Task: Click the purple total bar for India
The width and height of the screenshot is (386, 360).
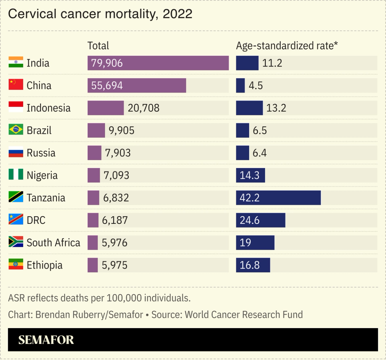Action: [158, 63]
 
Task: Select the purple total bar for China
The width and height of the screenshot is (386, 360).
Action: [137, 85]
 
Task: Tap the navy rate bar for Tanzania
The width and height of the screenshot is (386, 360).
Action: [278, 198]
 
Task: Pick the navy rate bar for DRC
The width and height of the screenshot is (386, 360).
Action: [260, 220]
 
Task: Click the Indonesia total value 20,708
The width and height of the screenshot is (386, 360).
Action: [143, 108]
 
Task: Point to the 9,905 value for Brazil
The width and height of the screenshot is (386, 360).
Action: [121, 130]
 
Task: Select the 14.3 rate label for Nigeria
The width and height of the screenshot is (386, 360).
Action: [249, 175]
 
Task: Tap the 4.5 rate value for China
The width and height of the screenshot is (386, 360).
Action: [255, 85]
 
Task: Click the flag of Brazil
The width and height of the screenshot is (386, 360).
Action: [16, 129]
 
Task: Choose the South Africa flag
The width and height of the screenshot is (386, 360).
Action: [16, 242]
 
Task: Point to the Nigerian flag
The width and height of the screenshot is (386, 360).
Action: [16, 174]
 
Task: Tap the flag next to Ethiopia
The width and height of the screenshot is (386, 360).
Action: [16, 264]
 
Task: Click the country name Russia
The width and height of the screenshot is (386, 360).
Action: [41, 153]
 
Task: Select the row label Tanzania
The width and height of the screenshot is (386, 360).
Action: [46, 198]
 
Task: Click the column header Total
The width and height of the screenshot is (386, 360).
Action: [98, 46]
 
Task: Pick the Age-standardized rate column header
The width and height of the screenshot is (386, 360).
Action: [287, 46]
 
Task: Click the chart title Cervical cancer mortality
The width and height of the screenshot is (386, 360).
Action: [100, 14]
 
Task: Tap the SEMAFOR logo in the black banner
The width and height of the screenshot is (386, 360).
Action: [46, 340]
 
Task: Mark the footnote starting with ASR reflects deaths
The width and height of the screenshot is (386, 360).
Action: [99, 298]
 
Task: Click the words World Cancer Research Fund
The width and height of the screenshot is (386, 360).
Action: [244, 315]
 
